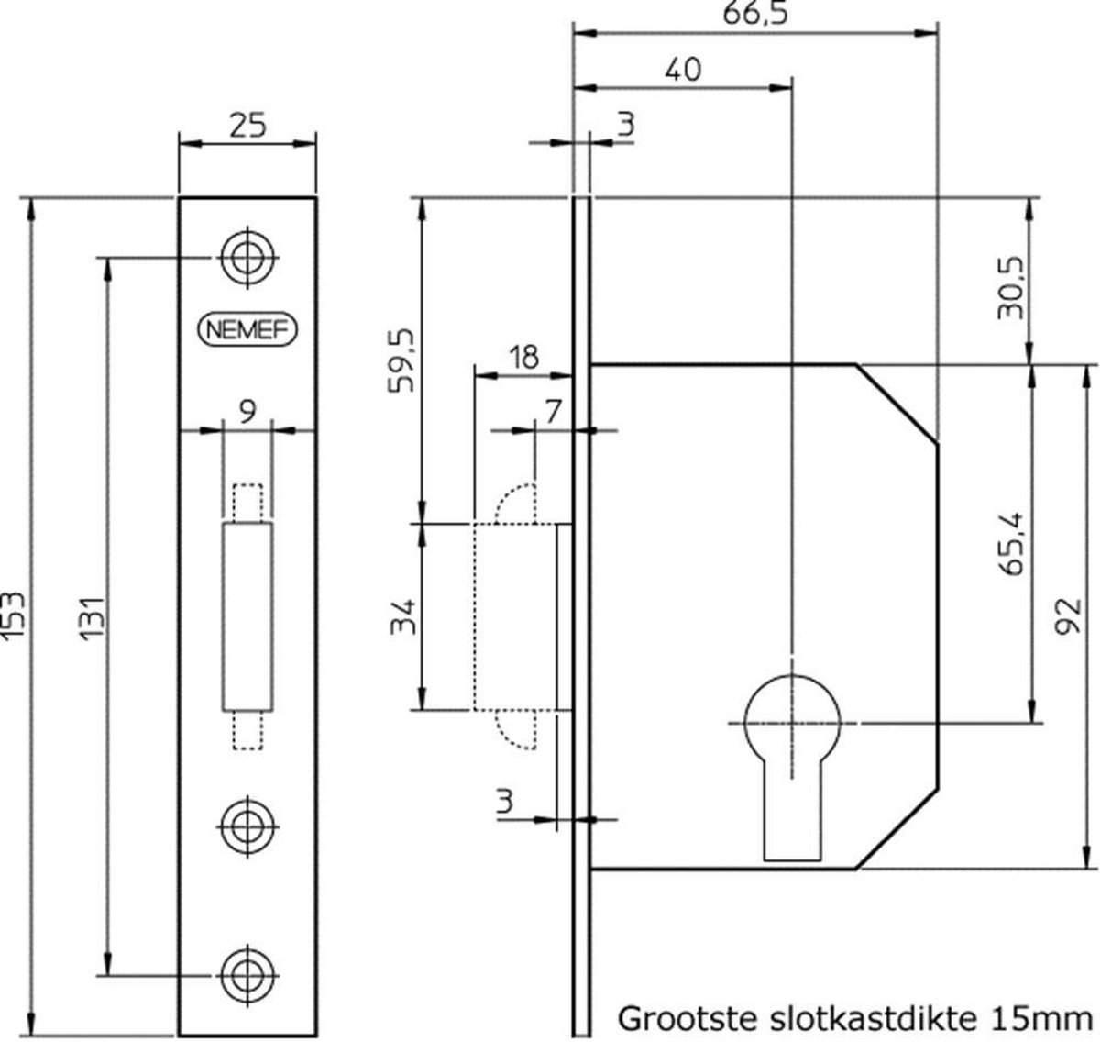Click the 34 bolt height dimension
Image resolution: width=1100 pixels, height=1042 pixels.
404,615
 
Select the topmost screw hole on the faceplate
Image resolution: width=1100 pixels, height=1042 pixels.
247,258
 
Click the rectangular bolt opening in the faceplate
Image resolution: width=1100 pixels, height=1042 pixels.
247,616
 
